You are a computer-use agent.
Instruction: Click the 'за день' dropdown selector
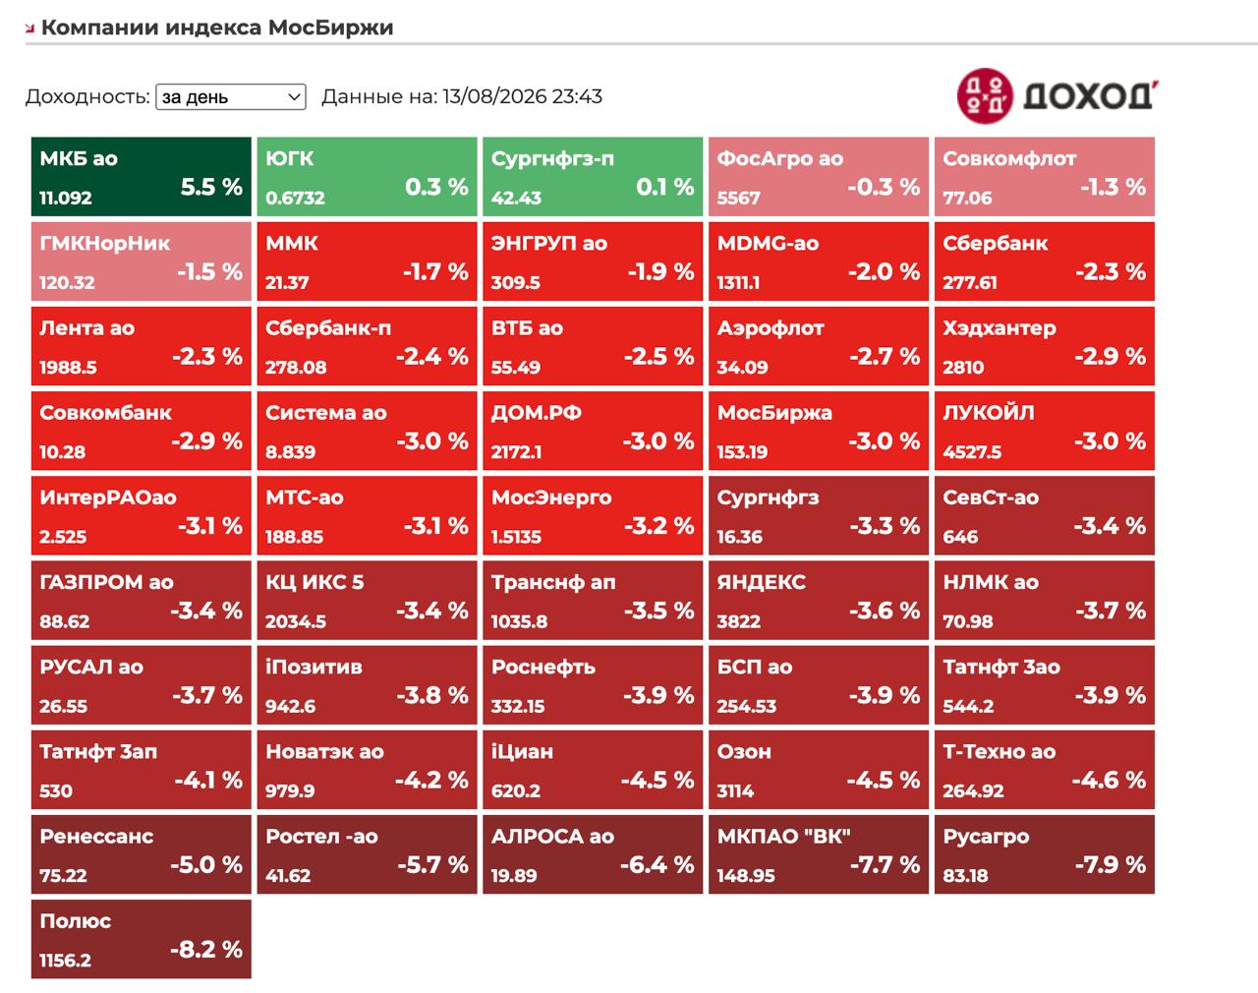point(230,96)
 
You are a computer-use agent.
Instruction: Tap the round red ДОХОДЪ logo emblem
point(985,96)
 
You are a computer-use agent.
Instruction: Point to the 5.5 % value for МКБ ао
point(211,187)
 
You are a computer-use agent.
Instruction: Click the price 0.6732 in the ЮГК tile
point(295,198)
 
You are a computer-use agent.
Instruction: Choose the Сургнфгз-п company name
point(552,158)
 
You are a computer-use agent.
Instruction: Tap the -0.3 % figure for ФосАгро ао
point(884,187)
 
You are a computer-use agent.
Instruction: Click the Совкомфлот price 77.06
point(967,198)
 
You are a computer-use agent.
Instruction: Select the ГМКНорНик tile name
point(104,243)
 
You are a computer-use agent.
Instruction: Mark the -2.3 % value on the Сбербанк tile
point(1111,272)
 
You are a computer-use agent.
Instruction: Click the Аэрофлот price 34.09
point(742,368)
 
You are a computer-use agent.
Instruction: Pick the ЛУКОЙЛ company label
point(988,413)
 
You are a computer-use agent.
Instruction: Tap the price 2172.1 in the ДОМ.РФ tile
point(516,452)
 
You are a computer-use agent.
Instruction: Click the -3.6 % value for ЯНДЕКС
point(884,612)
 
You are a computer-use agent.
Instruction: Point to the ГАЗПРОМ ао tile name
point(106,582)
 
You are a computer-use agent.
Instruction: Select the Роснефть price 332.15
point(517,707)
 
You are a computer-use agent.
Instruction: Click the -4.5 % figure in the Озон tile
point(883,781)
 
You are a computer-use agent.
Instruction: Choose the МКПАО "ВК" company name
point(783,837)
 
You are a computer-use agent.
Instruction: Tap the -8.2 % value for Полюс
point(205,951)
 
